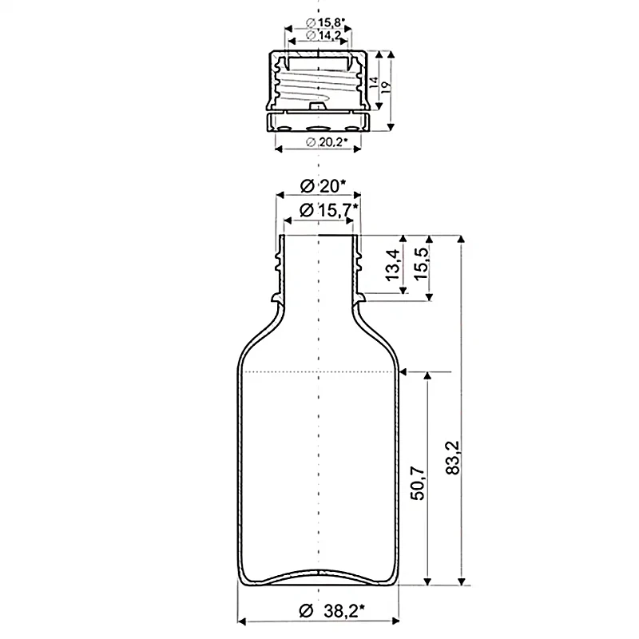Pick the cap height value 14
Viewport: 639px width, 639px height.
pyautogui.click(x=374, y=83)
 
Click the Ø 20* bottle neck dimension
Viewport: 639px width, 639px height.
pyautogui.click(x=323, y=187)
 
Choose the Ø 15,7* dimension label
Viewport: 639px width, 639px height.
pyautogui.click(x=329, y=211)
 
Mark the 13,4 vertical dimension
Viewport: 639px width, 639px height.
pyautogui.click(x=393, y=264)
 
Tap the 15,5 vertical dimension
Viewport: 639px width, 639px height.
pyautogui.click(x=421, y=264)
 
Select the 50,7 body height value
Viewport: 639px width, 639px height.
pyautogui.click(x=419, y=484)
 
